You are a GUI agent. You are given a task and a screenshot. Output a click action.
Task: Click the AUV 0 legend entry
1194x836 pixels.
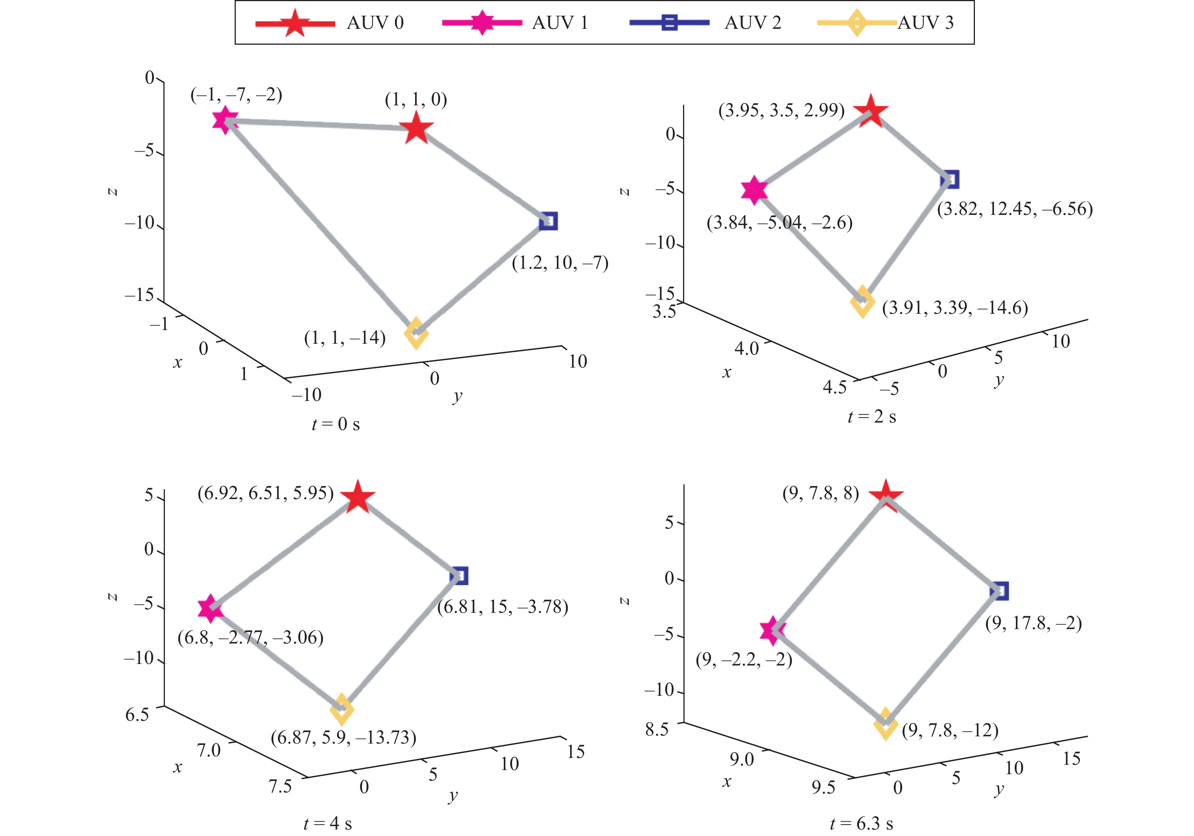click(329, 23)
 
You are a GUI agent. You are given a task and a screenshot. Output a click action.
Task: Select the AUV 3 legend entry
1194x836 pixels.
click(885, 23)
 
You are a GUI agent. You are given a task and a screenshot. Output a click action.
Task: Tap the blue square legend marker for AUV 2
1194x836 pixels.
click(669, 23)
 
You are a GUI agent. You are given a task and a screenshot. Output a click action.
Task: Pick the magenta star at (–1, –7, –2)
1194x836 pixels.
click(225, 120)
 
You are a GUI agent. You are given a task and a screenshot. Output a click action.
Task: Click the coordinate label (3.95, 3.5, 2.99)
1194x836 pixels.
click(781, 110)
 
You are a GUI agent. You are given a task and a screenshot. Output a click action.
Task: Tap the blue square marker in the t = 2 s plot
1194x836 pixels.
click(950, 179)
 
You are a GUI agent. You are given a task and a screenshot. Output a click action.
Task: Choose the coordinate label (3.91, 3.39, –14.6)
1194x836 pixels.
click(955, 308)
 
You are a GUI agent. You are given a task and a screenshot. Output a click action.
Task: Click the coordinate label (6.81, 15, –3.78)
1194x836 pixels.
click(502, 607)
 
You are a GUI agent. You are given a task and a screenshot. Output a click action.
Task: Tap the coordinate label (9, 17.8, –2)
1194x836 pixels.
click(1033, 623)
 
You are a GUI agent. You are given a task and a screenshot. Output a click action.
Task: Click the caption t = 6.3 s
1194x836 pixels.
click(862, 823)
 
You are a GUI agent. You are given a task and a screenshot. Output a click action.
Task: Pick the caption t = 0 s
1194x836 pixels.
click(335, 424)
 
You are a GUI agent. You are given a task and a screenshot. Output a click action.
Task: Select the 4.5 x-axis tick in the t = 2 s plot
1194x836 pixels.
click(834, 387)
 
